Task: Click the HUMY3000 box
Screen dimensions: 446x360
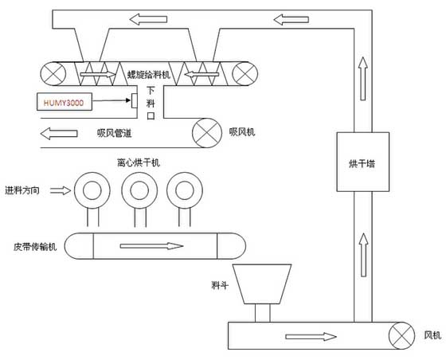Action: (x=65, y=101)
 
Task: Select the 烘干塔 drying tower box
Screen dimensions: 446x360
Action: (x=362, y=162)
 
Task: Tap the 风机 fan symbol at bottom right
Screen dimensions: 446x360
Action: (x=401, y=335)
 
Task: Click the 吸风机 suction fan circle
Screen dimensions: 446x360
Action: (x=207, y=133)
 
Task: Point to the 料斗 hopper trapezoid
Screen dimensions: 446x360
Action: (x=262, y=284)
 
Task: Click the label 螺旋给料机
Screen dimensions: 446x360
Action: (x=148, y=75)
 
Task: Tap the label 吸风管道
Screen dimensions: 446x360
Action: (x=115, y=133)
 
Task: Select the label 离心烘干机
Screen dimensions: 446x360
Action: (x=139, y=162)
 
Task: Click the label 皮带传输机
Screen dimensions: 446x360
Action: (x=35, y=246)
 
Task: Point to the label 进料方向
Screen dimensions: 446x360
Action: (x=22, y=190)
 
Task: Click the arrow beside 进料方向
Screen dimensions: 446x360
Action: (x=61, y=190)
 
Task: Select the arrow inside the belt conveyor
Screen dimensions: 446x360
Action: (x=151, y=246)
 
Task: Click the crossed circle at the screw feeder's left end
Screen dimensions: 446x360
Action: (x=53, y=73)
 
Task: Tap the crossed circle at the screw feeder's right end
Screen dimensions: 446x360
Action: (x=245, y=73)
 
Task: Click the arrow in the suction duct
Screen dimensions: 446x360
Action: (x=59, y=133)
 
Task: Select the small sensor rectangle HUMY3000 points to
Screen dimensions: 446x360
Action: (x=135, y=100)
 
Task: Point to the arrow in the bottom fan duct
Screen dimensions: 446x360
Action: (x=311, y=337)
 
